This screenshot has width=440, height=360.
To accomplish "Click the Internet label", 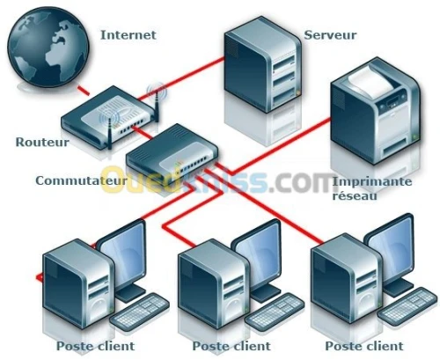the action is coord(128,35).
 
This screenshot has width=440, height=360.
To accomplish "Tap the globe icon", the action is coord(48,46).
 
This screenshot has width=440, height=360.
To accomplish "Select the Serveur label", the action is coord(330,35).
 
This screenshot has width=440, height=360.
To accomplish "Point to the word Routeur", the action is coord(42,142).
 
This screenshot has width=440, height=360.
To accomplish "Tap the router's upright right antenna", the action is coord(157,104).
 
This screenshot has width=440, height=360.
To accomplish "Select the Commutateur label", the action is coord(81,180).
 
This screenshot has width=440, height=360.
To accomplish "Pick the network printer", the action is coord(376,111).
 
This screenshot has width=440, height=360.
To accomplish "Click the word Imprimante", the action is coord(372,181).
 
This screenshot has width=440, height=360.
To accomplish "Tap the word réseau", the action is coord(355,195).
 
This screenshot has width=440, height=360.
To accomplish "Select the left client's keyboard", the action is coord(139,310).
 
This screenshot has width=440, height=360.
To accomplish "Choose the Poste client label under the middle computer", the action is coord(231,346).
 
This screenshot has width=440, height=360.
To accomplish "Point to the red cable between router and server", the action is coord(181,78).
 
